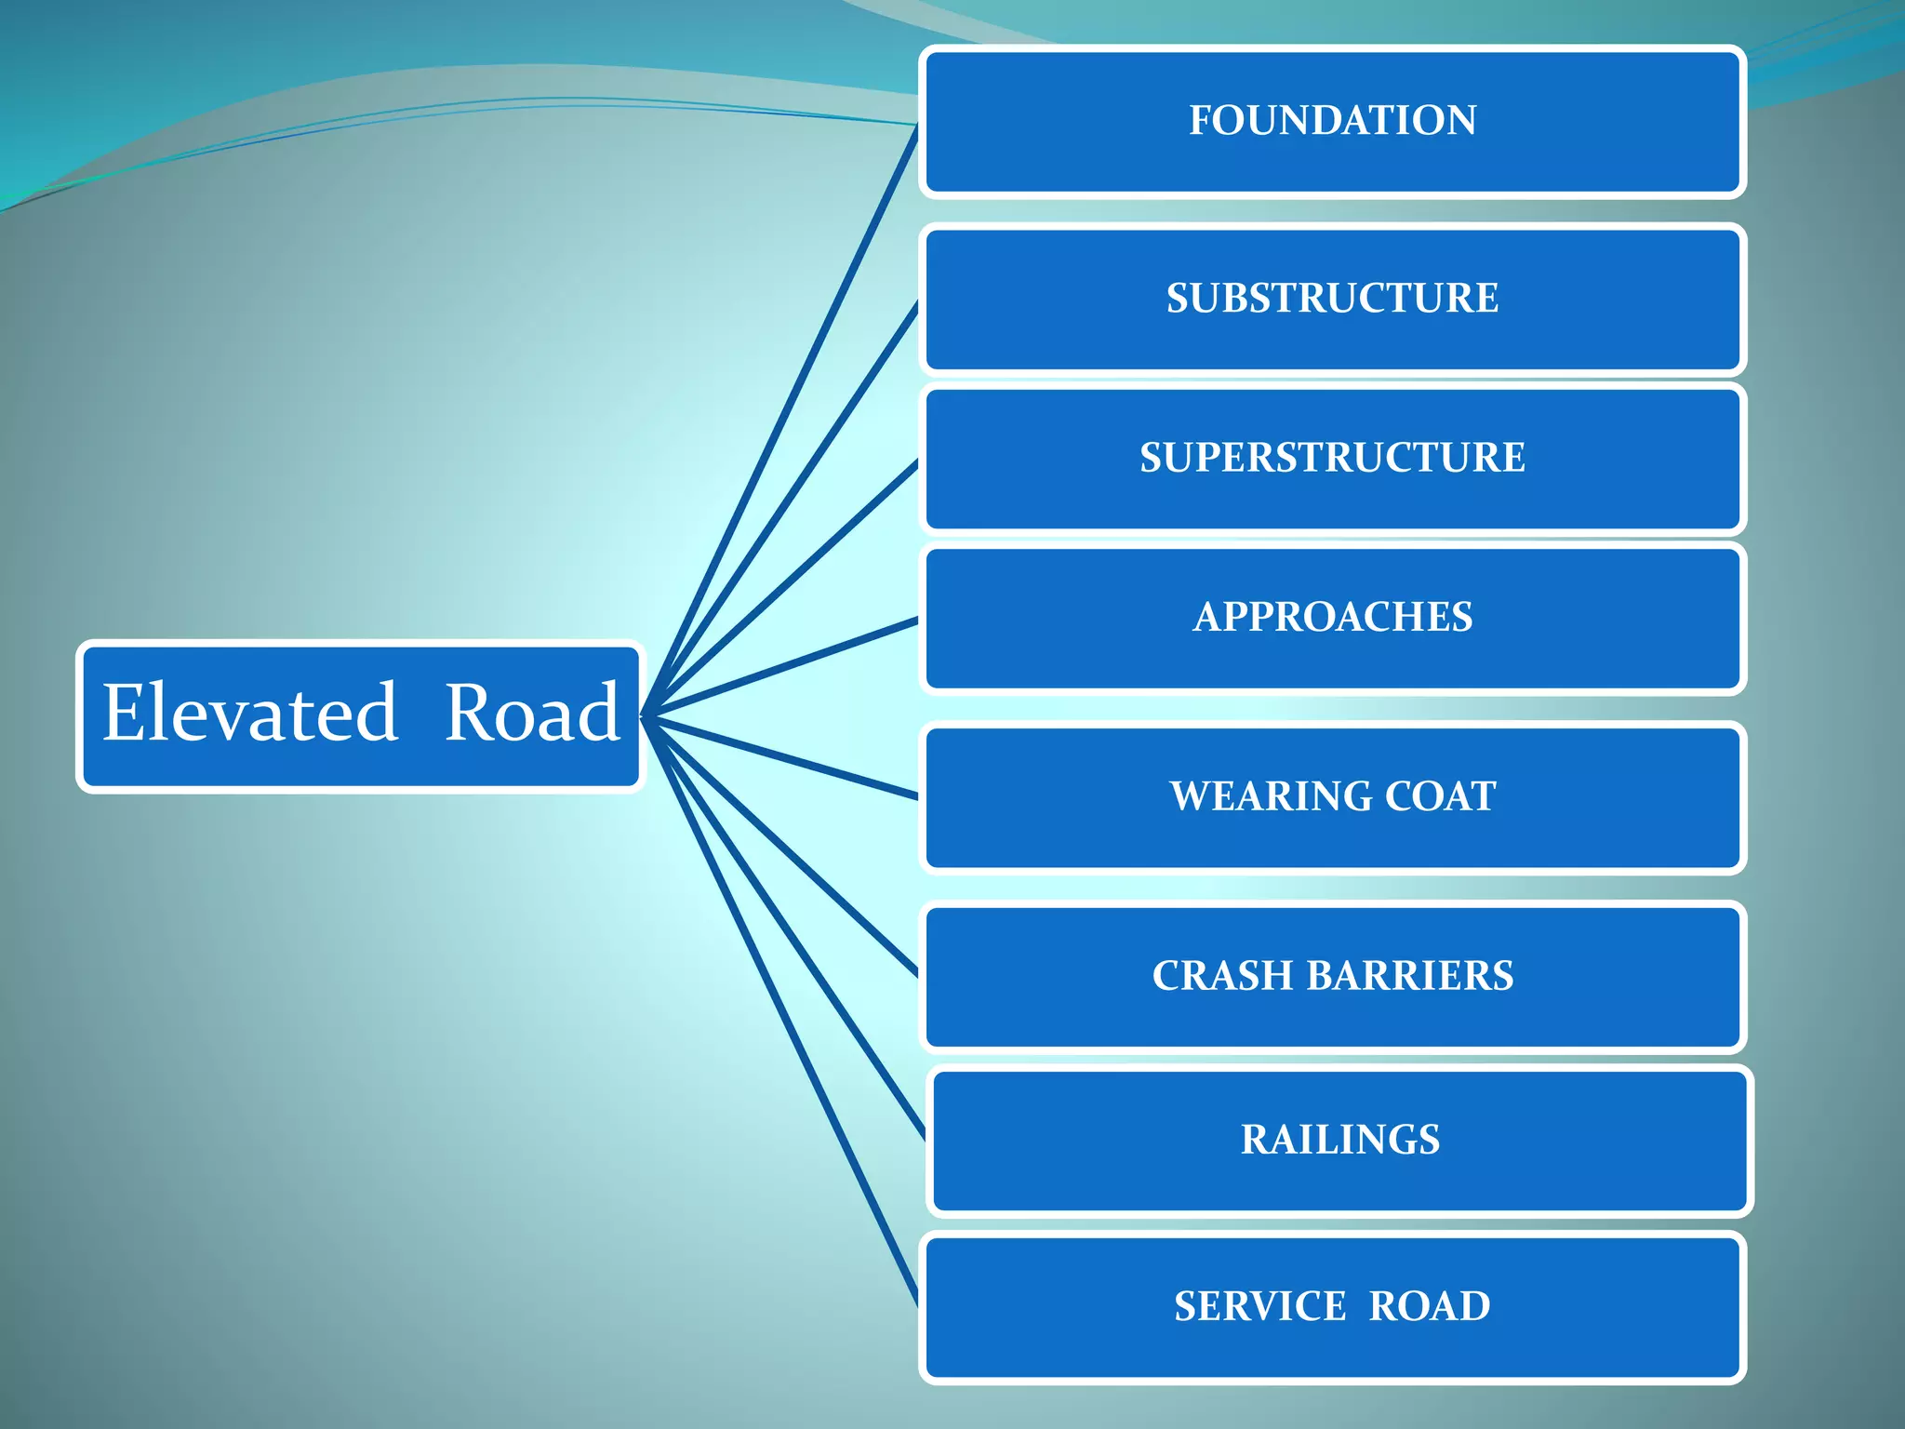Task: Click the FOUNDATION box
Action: (1332, 121)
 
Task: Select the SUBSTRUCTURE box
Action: (1332, 299)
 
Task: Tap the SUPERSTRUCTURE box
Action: (1332, 458)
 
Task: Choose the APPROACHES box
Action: (1332, 617)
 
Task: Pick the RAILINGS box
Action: (1339, 1140)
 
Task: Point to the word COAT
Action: (1441, 796)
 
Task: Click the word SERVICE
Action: (1259, 1306)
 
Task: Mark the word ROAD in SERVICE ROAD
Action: (1430, 1306)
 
